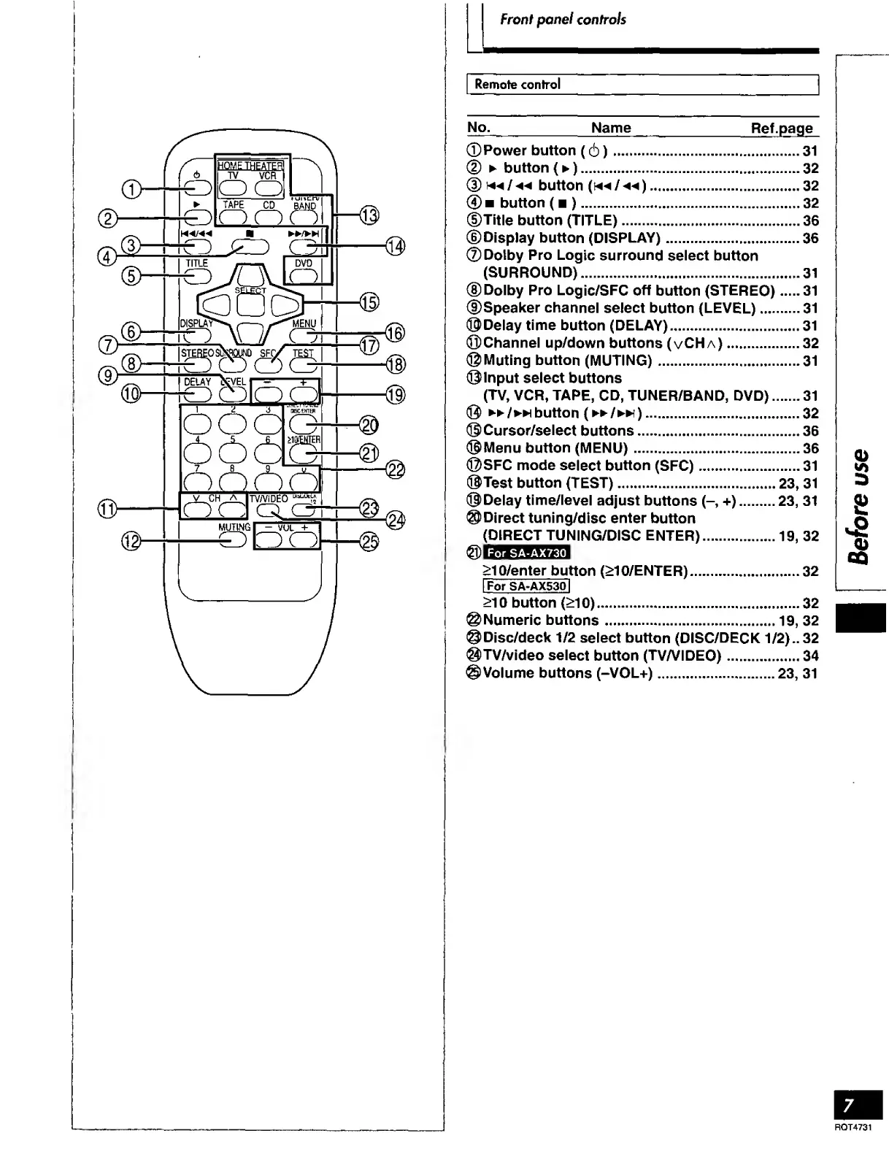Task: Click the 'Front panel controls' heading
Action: [563, 20]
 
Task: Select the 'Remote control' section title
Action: [517, 84]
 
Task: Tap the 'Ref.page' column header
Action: [782, 128]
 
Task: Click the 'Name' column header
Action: [611, 128]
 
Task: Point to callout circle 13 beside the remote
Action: [369, 215]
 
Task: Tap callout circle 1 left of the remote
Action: [132, 190]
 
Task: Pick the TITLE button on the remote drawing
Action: [197, 275]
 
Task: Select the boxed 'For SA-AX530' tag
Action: [526, 586]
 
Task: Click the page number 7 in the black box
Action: [848, 1105]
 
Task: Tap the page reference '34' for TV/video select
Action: [810, 656]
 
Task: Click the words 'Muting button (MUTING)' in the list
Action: [567, 361]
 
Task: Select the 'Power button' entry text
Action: [529, 151]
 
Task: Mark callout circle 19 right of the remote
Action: [395, 395]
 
